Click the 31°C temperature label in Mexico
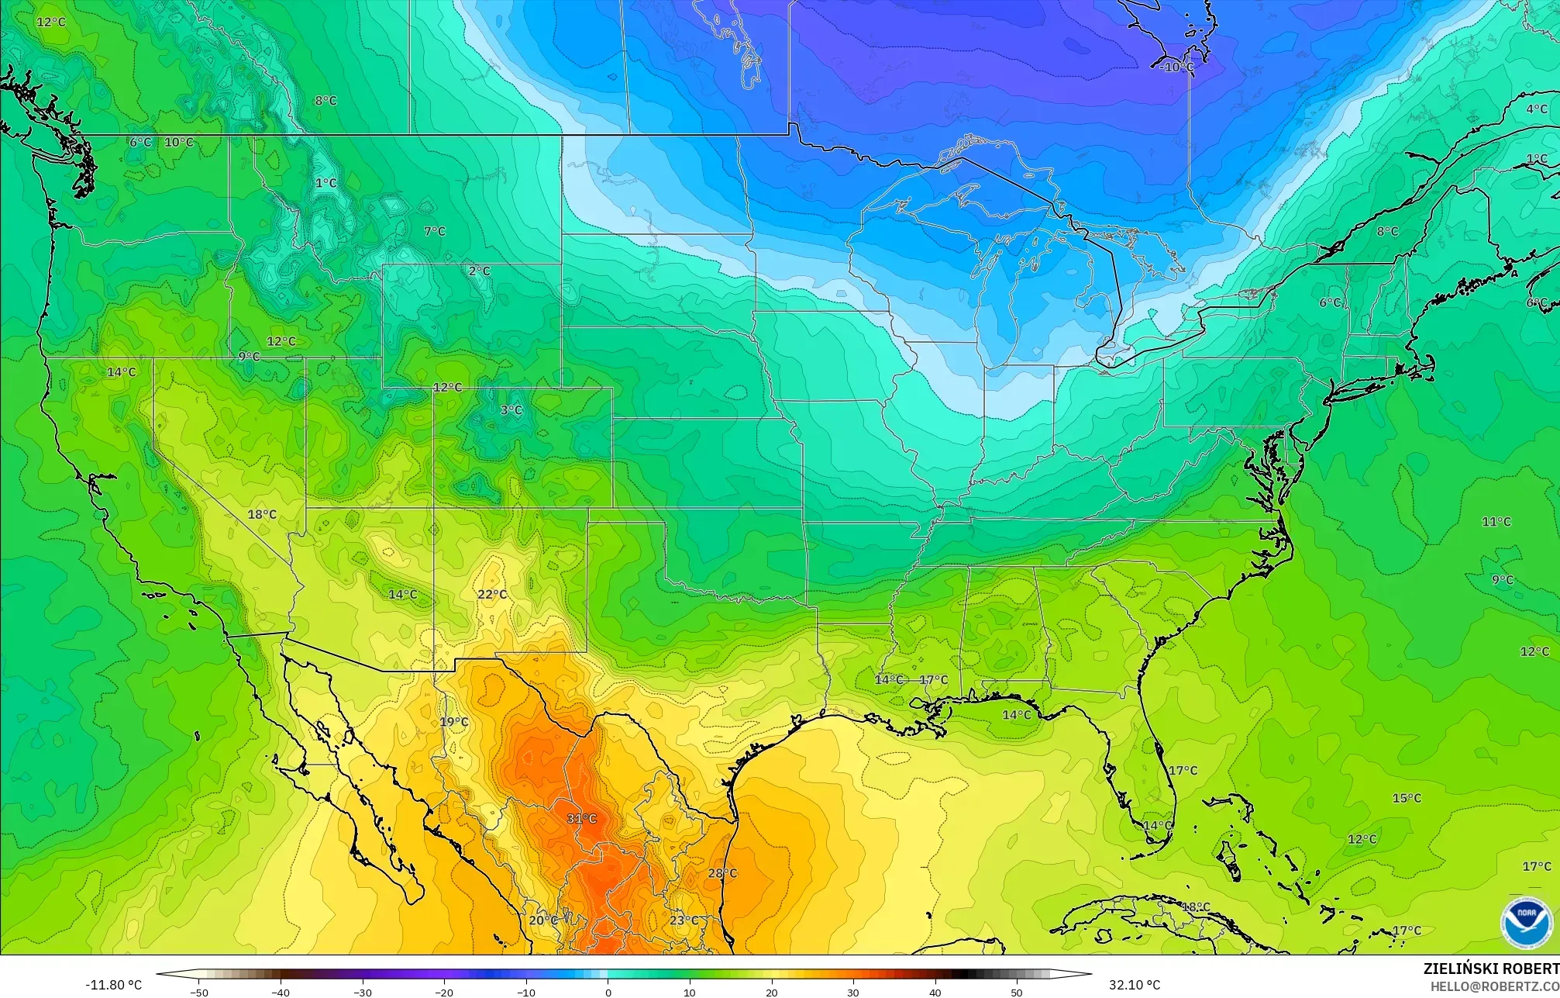pos(581,819)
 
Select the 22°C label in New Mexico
pos(492,595)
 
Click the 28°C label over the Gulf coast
pos(722,873)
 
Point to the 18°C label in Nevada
pos(262,515)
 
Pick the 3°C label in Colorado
pos(511,410)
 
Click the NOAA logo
pos(1526,923)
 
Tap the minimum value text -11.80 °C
pos(113,985)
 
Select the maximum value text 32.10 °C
pos(1135,985)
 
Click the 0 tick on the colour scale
pos(608,992)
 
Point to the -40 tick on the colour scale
pos(281,992)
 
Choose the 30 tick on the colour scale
pos(853,992)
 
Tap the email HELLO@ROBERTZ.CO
pos(1494,986)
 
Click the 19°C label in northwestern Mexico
pos(454,722)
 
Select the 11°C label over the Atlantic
pos(1496,522)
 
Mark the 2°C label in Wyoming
pos(479,271)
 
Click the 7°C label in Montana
pos(435,231)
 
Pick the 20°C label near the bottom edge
pos(543,920)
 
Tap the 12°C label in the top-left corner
pos(51,22)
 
